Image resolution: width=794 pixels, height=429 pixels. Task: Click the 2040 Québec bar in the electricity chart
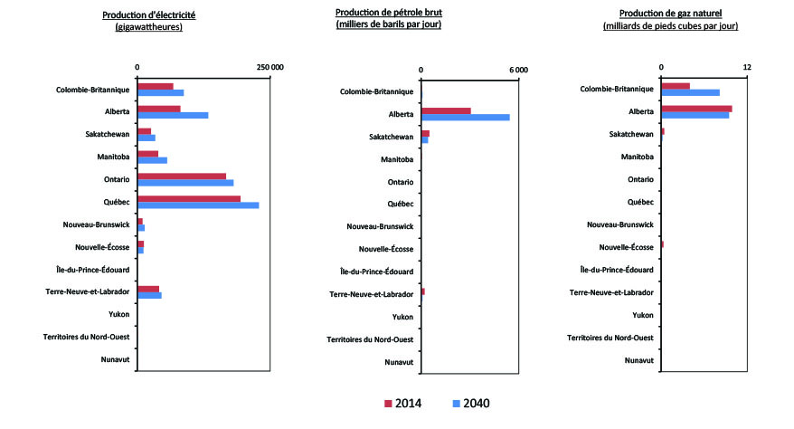[x=198, y=205]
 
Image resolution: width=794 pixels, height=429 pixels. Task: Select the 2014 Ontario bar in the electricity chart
[x=182, y=176]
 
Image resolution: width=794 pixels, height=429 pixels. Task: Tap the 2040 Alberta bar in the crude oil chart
[x=465, y=118]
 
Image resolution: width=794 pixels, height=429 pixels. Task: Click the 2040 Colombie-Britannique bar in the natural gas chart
[x=690, y=92]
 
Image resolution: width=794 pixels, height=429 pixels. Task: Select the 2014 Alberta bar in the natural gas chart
[x=696, y=109]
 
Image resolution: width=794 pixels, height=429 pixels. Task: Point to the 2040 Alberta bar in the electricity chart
[x=173, y=115]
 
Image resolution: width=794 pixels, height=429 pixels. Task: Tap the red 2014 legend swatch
[x=388, y=404]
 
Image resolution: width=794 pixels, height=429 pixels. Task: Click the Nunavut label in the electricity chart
[x=111, y=360]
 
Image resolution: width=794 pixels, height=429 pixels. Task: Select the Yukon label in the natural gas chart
[x=643, y=315]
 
